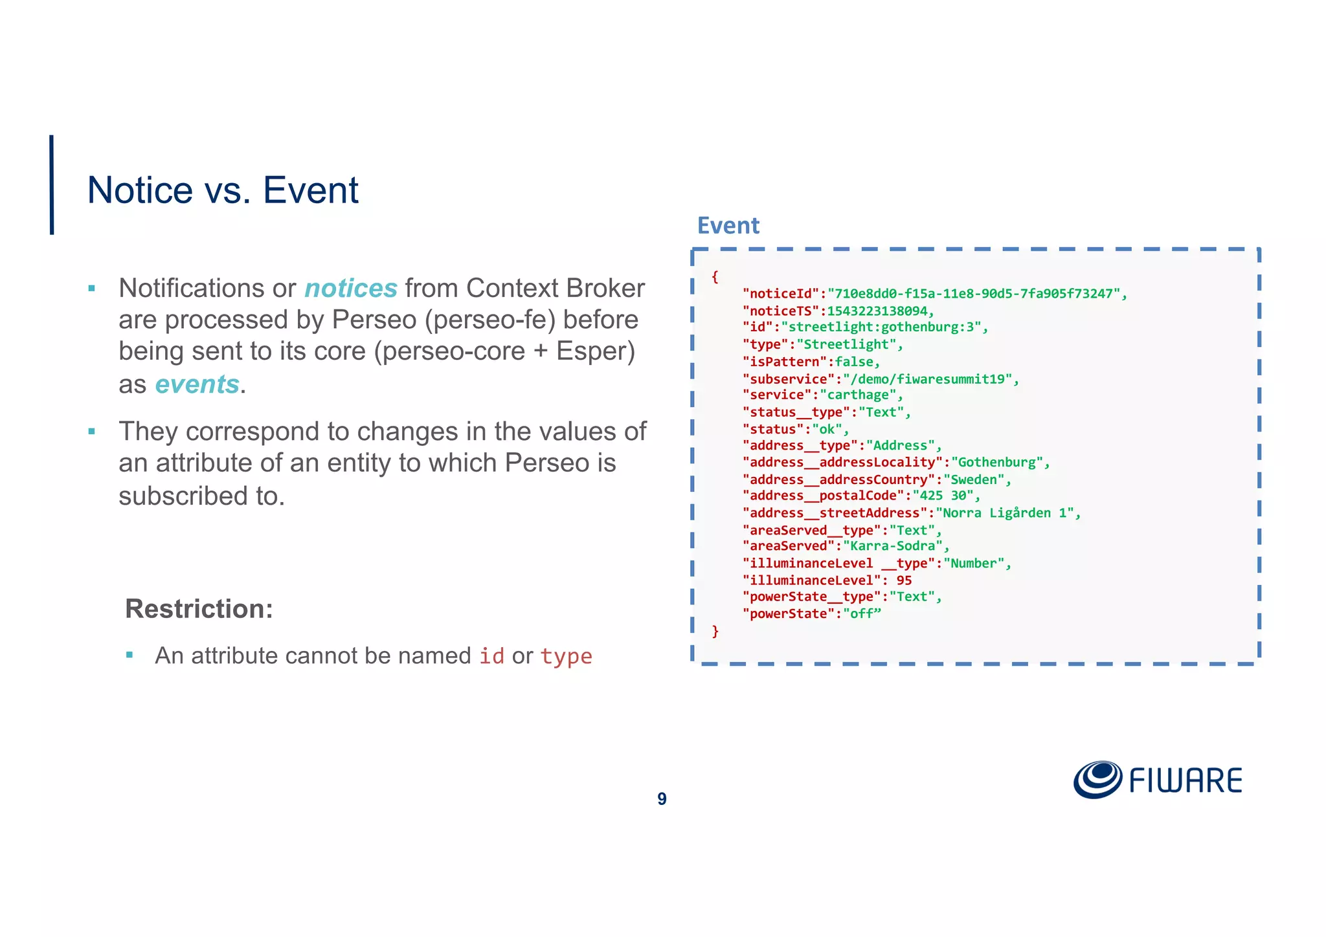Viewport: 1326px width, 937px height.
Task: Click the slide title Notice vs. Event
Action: pyautogui.click(x=222, y=190)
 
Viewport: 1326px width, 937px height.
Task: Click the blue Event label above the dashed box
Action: pyautogui.click(x=728, y=225)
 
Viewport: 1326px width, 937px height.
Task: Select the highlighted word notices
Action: pyautogui.click(x=350, y=288)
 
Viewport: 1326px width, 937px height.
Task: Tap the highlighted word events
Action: pyautogui.click(x=197, y=384)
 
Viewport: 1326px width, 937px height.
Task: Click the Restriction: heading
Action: pyautogui.click(x=199, y=608)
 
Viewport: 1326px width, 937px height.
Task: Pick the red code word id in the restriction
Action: pyautogui.click(x=491, y=656)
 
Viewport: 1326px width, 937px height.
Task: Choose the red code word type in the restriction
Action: pyautogui.click(x=566, y=656)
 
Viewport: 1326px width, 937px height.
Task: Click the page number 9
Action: pyautogui.click(x=662, y=799)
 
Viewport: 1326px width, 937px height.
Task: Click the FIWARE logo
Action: pyautogui.click(x=1158, y=780)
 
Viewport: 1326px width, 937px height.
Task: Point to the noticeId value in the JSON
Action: pyautogui.click(x=974, y=294)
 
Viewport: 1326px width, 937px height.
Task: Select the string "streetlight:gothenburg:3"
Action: pyautogui.click(x=881, y=327)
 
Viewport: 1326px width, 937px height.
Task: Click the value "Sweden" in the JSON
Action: pyautogui.click(x=974, y=480)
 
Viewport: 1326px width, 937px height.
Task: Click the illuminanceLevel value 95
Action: pyautogui.click(x=904, y=580)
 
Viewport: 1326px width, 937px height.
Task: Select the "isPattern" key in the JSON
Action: pyautogui.click(x=784, y=362)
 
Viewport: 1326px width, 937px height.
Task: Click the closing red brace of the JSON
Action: pyautogui.click(x=715, y=631)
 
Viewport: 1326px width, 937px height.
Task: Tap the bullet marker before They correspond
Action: pyautogui.click(x=92, y=431)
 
